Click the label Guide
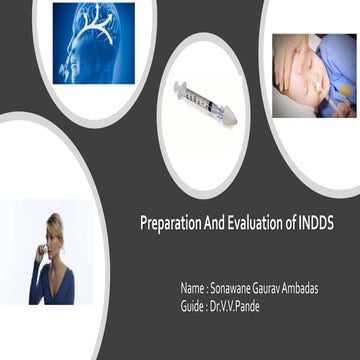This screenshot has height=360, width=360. click(x=192, y=301)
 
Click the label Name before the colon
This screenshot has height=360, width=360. click(x=192, y=288)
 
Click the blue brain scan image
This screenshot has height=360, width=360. click(x=93, y=42)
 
